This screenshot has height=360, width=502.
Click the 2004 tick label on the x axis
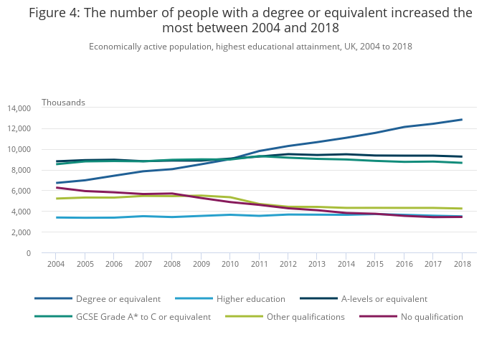pos(56,264)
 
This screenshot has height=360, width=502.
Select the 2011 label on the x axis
pos(259,264)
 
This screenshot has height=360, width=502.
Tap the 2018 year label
pos(461,264)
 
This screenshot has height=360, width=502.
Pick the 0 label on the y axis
pos(29,253)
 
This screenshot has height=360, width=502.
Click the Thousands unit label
pos(63,103)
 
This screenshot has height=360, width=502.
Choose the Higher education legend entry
pos(250,299)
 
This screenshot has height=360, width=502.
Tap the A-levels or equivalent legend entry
pos(384,299)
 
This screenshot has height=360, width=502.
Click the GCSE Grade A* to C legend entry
pos(143,317)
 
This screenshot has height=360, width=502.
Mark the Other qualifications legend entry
pos(305,317)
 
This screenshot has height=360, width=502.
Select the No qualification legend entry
pos(430,317)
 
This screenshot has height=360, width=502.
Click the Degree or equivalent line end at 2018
pos(461,120)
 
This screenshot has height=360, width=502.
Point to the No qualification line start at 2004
pos(56,188)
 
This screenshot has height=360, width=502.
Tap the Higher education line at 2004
pos(56,217)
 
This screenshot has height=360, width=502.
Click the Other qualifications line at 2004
pos(56,199)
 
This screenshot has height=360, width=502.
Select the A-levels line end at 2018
pos(461,156)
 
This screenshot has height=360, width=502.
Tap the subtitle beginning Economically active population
pos(250,47)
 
